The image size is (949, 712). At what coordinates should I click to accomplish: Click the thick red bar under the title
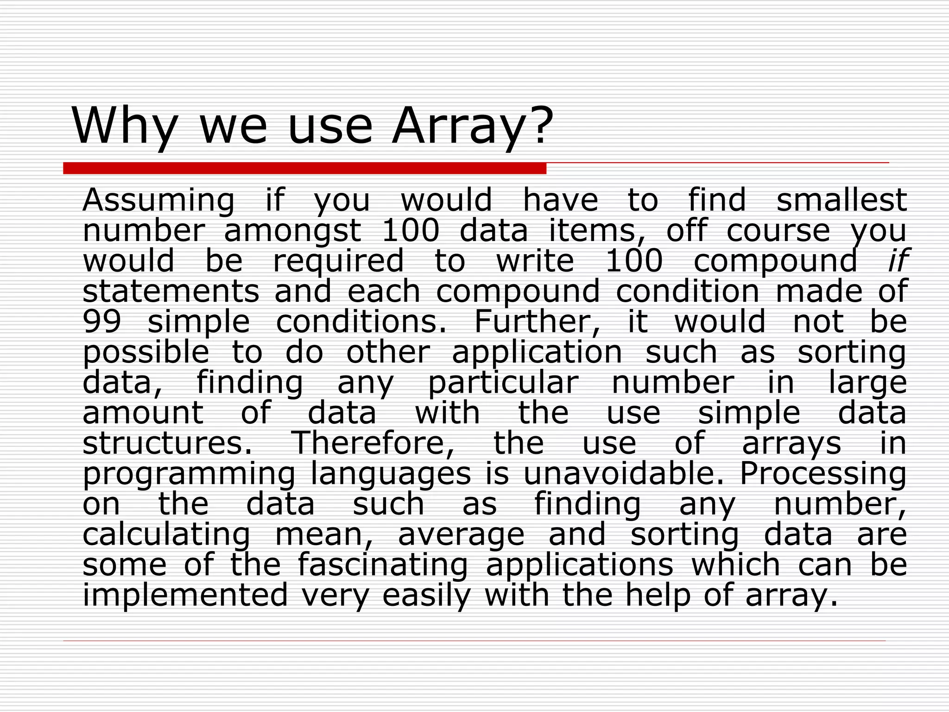[x=304, y=168]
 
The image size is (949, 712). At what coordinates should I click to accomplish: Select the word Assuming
[x=158, y=201]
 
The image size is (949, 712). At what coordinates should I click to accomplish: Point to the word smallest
[x=841, y=200]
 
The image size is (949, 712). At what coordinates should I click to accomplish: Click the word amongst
[x=292, y=231]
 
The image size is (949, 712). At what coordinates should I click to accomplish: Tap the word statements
[x=171, y=291]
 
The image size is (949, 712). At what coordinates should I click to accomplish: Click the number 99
[x=101, y=322]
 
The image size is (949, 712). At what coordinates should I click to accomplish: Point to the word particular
[x=503, y=383]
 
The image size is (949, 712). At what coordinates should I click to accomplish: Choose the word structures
[x=167, y=443]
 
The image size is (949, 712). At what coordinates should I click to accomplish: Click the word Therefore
[x=373, y=443]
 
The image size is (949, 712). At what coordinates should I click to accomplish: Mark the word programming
[x=189, y=474]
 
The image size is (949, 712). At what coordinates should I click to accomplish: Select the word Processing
[x=823, y=474]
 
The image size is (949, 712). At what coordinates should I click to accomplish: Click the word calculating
[x=166, y=534]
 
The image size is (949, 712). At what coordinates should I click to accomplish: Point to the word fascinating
[x=382, y=565]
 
